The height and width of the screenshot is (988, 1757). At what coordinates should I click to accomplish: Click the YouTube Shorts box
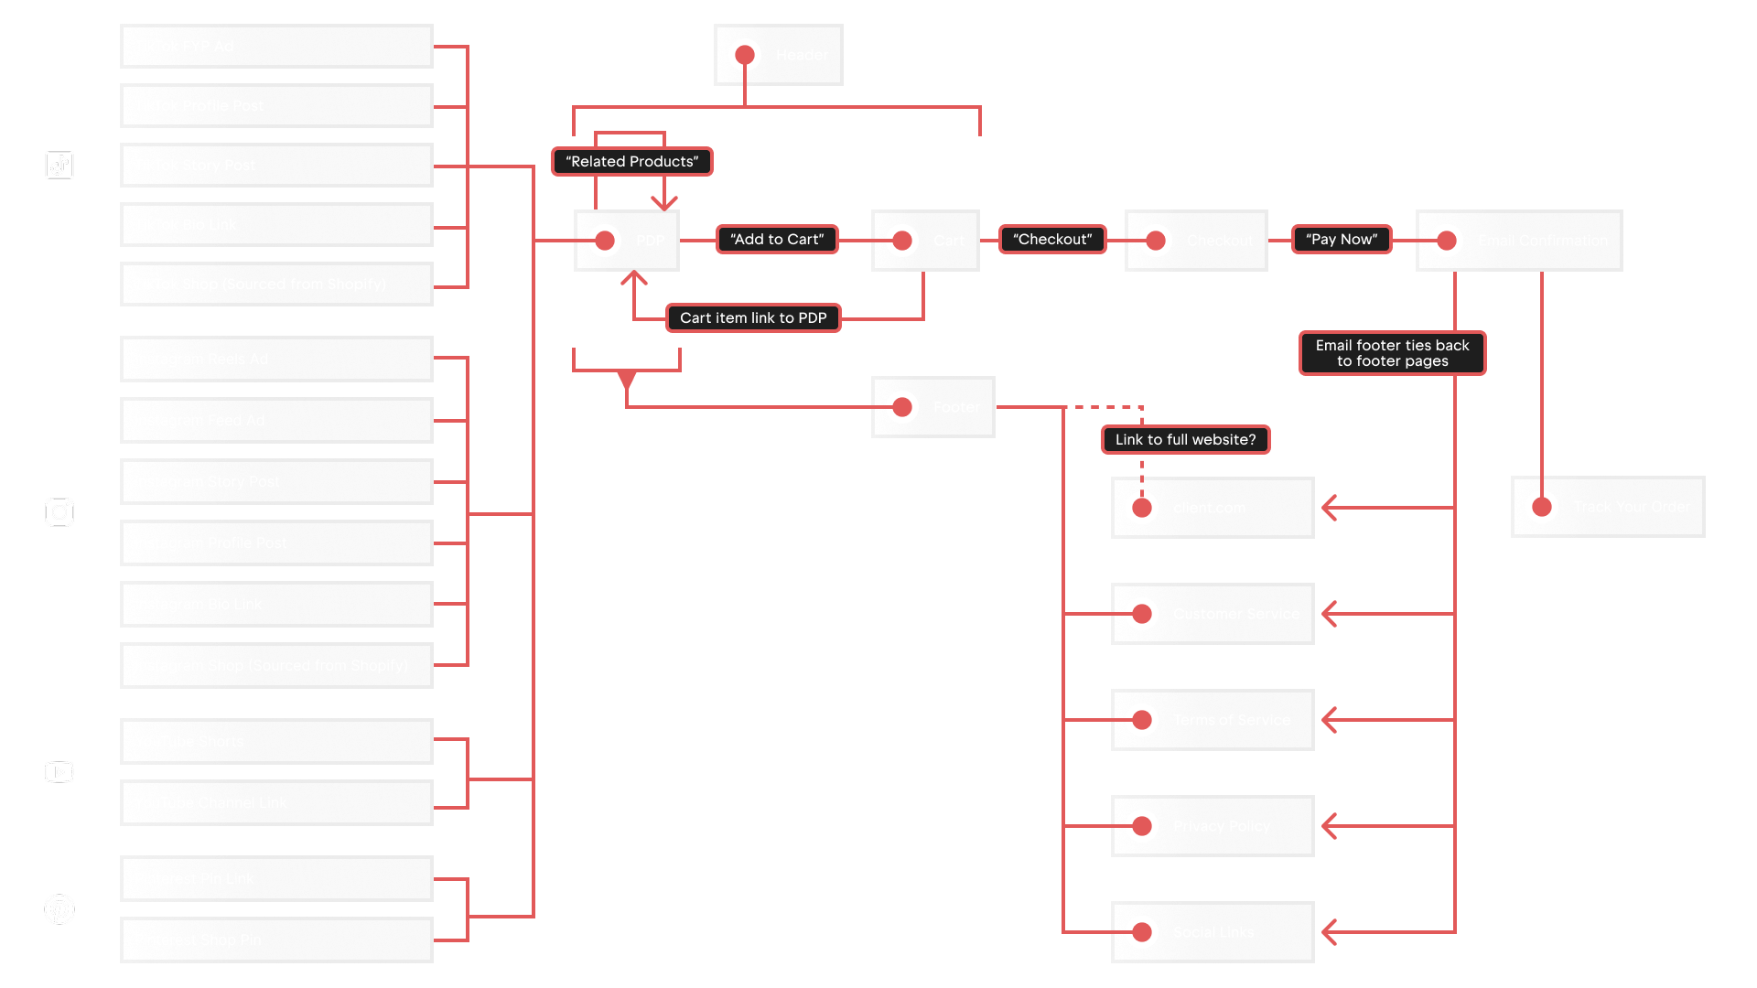click(x=276, y=742)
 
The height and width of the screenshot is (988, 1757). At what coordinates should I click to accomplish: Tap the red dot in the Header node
click(x=745, y=55)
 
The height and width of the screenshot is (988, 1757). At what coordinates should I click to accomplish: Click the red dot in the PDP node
click(x=605, y=241)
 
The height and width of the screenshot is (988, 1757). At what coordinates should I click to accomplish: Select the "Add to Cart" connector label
click(x=777, y=240)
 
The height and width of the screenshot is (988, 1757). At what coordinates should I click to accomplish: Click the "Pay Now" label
click(x=1342, y=240)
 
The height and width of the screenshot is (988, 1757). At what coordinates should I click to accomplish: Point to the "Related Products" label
click(x=631, y=162)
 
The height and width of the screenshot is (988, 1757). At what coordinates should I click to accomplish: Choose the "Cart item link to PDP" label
click(x=753, y=318)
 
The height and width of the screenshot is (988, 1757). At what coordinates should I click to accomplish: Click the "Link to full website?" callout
click(x=1185, y=440)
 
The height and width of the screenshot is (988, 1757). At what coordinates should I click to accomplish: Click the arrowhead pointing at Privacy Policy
click(x=1330, y=826)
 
